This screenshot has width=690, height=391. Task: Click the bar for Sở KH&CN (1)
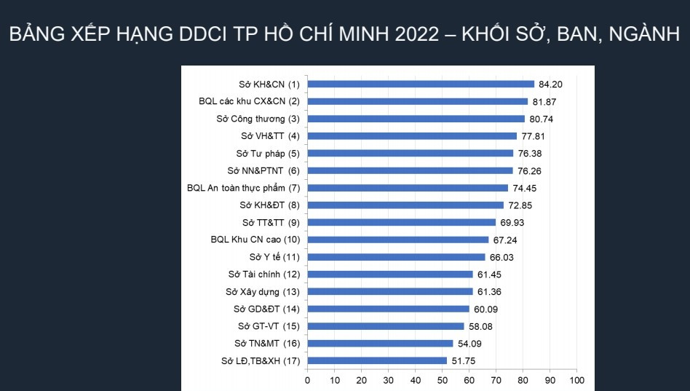point(421,84)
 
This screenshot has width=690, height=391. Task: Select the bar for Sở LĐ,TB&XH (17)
point(377,360)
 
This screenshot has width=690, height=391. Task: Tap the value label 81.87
point(544,101)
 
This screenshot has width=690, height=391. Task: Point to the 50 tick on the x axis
point(442,380)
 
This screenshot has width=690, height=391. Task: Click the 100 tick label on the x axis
point(576,380)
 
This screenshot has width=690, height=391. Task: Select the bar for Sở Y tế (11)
point(396,257)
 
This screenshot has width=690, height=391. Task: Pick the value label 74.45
point(525,188)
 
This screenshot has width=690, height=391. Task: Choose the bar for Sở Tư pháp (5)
point(411,153)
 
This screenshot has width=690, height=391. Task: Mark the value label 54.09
point(470,344)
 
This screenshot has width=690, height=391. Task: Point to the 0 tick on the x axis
point(307,380)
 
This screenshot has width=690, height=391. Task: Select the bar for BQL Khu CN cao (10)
point(398,240)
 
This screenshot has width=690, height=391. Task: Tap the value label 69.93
point(513,223)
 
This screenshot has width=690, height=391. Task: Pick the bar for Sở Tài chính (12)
point(390,275)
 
